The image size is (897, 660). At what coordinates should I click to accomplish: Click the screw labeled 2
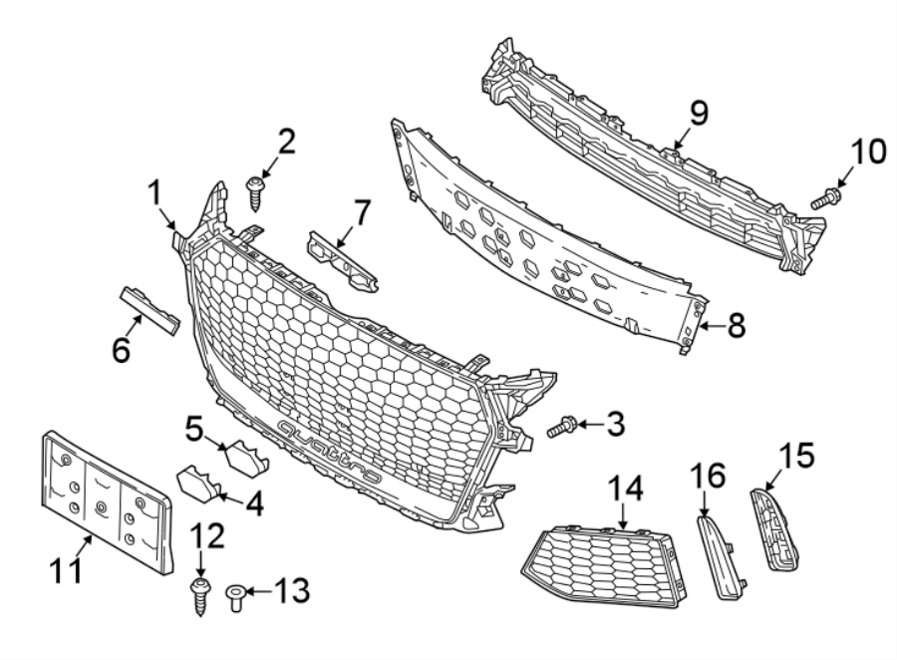tap(254, 193)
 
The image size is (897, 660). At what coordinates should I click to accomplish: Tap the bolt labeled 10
tap(825, 198)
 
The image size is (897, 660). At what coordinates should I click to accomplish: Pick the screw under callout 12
tap(199, 596)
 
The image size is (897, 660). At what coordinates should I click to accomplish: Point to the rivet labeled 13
tap(235, 596)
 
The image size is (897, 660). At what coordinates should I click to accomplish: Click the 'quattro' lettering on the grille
tap(329, 451)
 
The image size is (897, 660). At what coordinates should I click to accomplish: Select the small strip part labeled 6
tap(149, 311)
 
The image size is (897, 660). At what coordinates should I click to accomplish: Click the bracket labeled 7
tap(342, 262)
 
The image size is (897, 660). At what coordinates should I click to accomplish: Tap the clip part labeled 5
tap(246, 458)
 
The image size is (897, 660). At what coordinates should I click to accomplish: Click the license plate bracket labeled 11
tap(106, 501)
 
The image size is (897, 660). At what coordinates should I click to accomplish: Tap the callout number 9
tap(699, 113)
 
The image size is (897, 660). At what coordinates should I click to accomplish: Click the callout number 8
tap(736, 326)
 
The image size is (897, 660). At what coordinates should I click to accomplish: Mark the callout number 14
tap(625, 490)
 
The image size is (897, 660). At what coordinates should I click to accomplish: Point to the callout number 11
tap(66, 569)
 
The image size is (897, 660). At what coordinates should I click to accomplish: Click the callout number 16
tap(707, 476)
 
